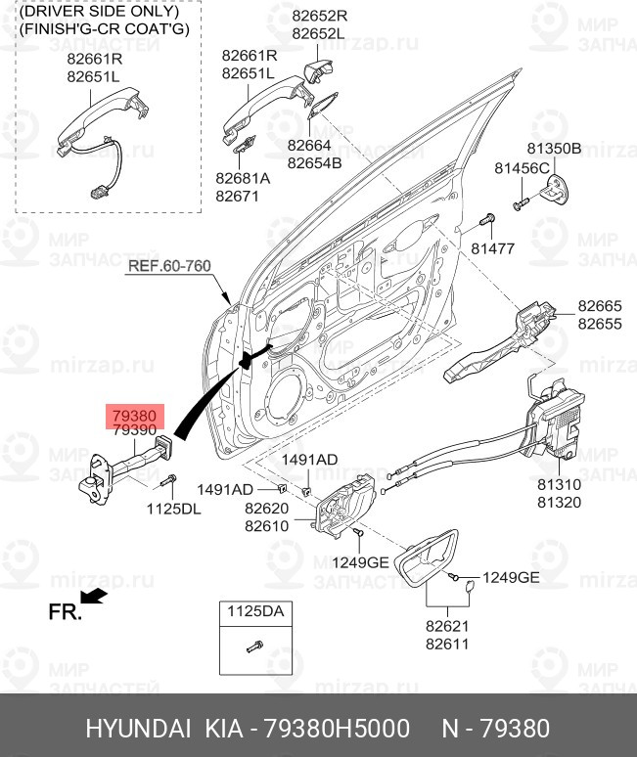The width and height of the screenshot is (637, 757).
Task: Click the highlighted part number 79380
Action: (x=134, y=416)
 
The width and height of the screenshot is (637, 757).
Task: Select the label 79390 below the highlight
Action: (x=134, y=431)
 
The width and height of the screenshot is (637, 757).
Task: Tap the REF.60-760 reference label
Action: (x=169, y=266)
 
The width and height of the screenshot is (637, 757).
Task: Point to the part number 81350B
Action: (x=554, y=149)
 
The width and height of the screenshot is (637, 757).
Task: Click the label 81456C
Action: (x=522, y=168)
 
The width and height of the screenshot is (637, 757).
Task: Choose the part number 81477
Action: (x=492, y=248)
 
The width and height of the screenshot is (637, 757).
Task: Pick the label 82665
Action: (x=599, y=306)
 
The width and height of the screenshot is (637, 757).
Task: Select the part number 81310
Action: (x=559, y=484)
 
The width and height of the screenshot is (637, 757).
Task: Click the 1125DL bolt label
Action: (x=172, y=509)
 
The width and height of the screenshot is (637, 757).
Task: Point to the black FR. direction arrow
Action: (x=94, y=597)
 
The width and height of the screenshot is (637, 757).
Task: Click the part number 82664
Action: (x=310, y=147)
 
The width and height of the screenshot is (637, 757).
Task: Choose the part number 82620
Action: (x=267, y=509)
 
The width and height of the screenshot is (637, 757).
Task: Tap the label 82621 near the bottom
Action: (x=447, y=627)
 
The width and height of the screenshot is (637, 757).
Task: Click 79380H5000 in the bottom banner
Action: (x=334, y=729)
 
